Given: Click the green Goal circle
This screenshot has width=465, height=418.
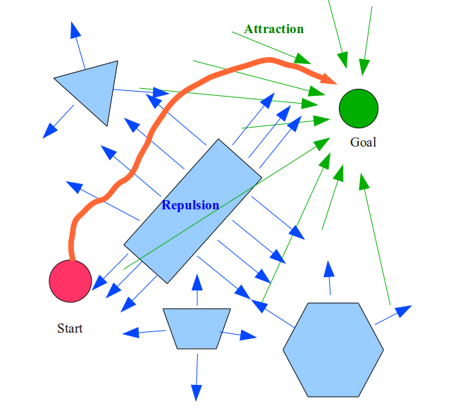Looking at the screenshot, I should pyautogui.click(x=359, y=109).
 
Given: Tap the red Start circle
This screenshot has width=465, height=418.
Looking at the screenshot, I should pyautogui.click(x=70, y=281).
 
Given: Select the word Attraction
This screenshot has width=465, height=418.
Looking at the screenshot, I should pyautogui.click(x=274, y=29).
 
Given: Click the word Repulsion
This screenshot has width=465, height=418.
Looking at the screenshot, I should pyautogui.click(x=190, y=205).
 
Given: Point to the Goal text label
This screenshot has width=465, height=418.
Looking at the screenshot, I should pyautogui.click(x=363, y=142).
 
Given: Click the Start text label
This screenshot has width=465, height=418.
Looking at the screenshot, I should pyautogui.click(x=70, y=328).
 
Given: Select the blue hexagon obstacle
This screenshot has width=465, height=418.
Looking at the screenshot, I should pyautogui.click(x=333, y=350).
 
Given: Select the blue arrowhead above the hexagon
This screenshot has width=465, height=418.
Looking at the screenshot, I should pyautogui.click(x=328, y=271).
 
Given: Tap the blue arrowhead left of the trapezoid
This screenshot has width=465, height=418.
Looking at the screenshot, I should pyautogui.click(x=131, y=333).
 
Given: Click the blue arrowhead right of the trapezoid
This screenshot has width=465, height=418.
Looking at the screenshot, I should pyautogui.click(x=248, y=336).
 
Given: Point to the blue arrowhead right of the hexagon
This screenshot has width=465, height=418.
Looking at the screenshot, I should pyautogui.click(x=403, y=311).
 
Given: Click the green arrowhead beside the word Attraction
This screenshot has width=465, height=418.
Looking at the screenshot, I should pyautogui.click(x=302, y=59).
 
